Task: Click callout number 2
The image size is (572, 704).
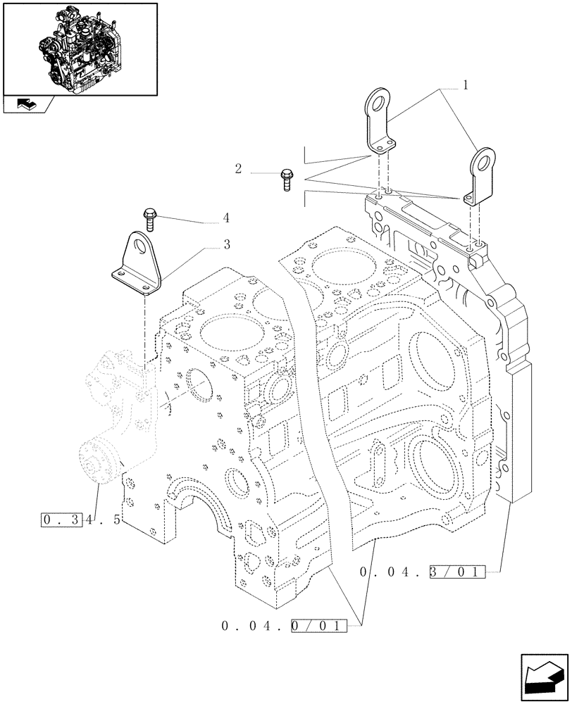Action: (238, 168)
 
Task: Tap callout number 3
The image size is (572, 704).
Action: (226, 245)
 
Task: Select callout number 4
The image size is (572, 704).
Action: (226, 218)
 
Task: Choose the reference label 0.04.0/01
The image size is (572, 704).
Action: (285, 624)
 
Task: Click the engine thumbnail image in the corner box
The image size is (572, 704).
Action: (80, 49)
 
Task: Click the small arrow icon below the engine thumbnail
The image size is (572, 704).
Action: (25, 105)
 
